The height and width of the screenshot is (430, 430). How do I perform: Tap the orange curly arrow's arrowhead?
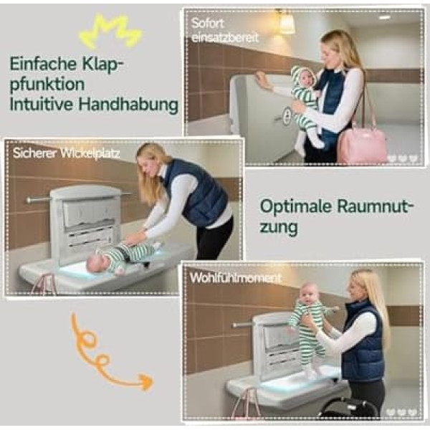146,381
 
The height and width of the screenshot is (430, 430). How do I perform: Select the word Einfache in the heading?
43,63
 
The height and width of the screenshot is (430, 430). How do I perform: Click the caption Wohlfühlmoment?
236,278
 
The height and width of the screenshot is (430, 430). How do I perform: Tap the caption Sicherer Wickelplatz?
67,153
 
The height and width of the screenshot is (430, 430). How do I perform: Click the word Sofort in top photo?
208,24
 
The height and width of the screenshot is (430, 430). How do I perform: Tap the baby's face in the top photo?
307,78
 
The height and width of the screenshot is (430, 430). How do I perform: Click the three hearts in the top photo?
402,159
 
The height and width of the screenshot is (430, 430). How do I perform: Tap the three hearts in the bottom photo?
401,412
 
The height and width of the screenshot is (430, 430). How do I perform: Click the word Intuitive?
41,105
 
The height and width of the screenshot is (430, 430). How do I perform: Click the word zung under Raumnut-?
278,227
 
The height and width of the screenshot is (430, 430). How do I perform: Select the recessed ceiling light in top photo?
384,17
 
